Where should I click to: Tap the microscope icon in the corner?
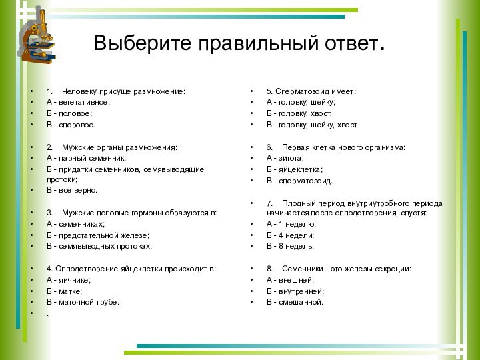37,37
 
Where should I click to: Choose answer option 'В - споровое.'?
71,125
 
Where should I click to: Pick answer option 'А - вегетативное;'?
79,102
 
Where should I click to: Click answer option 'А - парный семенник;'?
86,158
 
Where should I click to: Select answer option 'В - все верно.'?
71,190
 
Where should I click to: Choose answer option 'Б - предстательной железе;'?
98,235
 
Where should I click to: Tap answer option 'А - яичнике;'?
69,280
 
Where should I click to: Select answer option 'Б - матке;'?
65,291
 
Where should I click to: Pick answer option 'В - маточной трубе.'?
83,303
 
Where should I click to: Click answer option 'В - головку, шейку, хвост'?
312,125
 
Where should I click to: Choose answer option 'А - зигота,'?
285,158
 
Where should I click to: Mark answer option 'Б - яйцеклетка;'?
295,169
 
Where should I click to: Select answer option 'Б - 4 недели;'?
291,235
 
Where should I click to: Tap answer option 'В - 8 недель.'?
291,247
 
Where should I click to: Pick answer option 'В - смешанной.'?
295,302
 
